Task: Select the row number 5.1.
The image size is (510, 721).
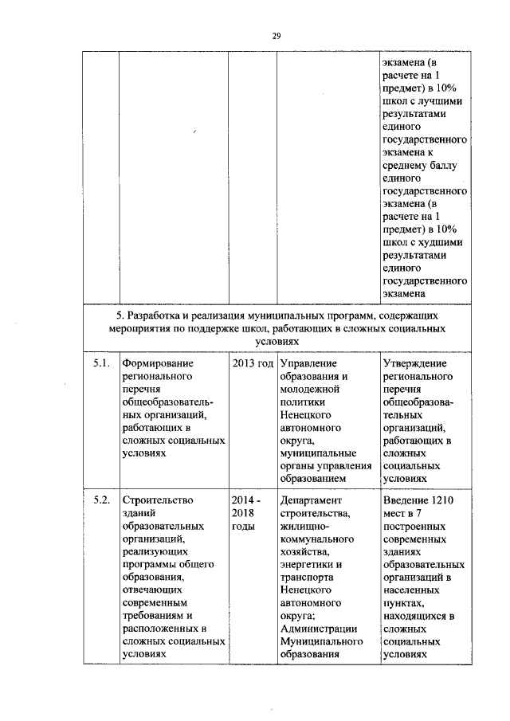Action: (x=100, y=363)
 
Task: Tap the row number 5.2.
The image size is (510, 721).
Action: (x=100, y=500)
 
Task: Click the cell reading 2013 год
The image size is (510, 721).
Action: (x=252, y=363)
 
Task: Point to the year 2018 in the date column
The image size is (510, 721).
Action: (x=243, y=513)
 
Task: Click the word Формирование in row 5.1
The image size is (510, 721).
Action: (x=159, y=363)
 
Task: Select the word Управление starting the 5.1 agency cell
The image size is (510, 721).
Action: (x=307, y=363)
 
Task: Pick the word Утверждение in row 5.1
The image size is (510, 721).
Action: (x=414, y=363)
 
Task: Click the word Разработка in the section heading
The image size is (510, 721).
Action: (x=159, y=316)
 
